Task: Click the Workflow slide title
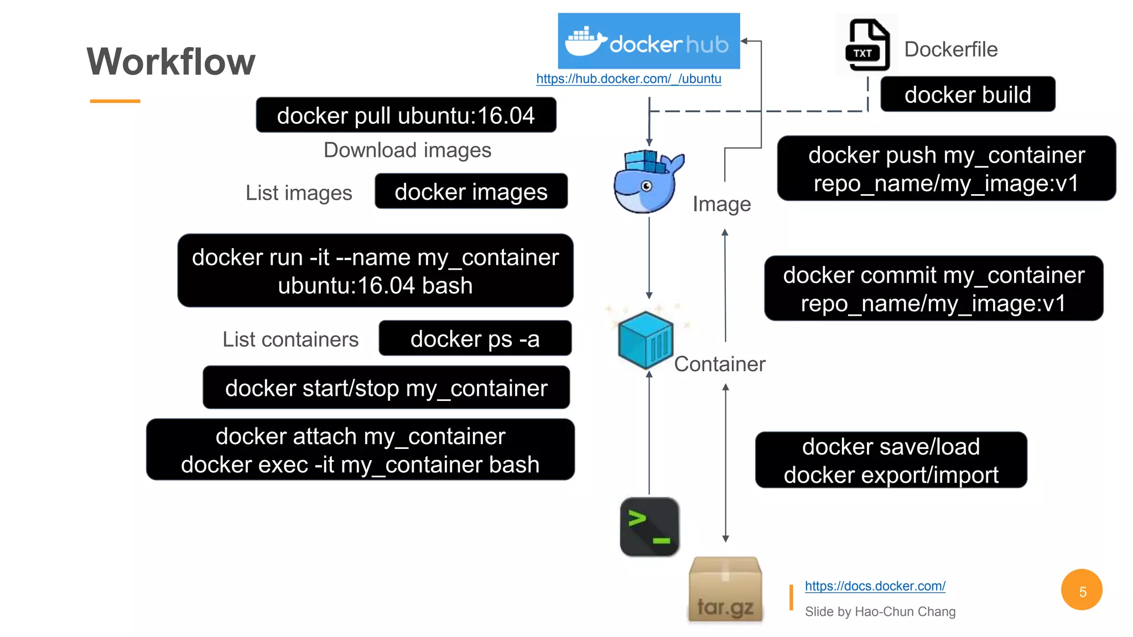point(171,61)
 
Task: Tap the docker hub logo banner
point(648,41)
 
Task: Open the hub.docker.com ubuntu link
point(628,79)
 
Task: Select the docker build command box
point(967,95)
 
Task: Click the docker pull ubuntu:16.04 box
point(406,116)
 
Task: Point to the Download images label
point(407,150)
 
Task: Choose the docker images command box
point(471,192)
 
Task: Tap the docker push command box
point(946,169)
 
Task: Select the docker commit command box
point(933,289)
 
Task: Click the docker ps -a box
point(475,339)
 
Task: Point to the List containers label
point(290,340)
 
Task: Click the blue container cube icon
point(646,340)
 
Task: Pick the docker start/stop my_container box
point(386,388)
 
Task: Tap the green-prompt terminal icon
point(649,527)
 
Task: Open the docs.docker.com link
point(875,586)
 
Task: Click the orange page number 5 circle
point(1082,591)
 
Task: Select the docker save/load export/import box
point(891,461)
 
